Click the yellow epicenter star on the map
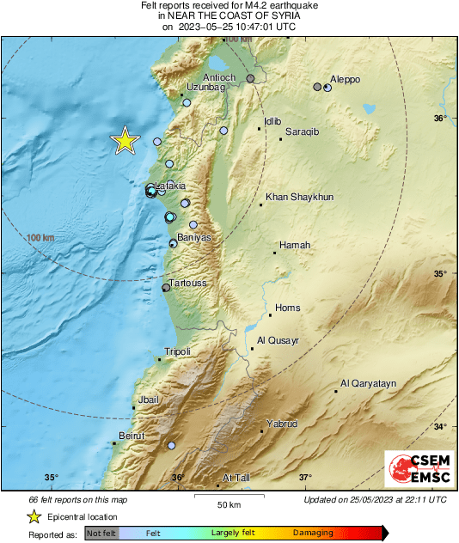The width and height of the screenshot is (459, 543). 125,141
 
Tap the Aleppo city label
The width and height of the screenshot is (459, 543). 346,80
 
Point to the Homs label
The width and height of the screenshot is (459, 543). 286,308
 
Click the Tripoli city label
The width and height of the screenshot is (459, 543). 177,351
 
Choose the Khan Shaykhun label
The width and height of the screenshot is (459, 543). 298,197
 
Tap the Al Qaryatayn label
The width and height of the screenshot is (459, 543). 368,383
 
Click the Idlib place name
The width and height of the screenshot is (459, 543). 273,121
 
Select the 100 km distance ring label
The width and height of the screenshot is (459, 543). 40,238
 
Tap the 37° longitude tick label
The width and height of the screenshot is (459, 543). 305,478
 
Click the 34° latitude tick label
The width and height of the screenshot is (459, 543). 439,426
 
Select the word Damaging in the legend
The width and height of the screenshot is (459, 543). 313,534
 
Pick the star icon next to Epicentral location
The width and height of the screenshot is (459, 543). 34,516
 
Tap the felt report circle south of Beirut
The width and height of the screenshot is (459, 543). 171,445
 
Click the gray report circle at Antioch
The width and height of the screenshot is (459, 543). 251,79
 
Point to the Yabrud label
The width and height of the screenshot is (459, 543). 282,424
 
